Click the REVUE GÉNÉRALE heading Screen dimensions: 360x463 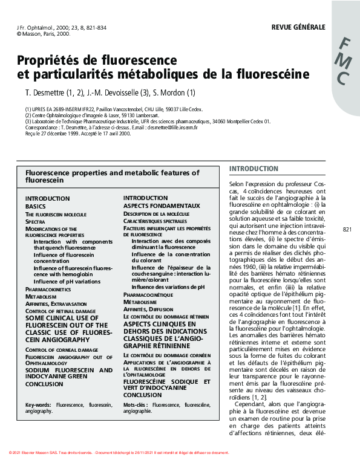click(298, 27)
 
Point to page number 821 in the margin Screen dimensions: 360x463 click(347, 230)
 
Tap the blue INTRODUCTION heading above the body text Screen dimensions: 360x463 click(254, 169)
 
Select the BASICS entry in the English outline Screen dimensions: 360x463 click(36, 206)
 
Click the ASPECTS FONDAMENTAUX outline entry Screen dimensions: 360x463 click(162, 206)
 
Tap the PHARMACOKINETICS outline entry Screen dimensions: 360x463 click(48, 290)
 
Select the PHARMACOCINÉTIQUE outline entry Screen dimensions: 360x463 click(148, 294)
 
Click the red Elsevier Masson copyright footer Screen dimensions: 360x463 click(120, 453)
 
